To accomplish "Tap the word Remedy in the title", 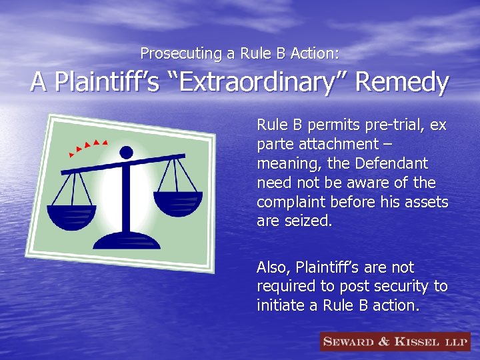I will tap(402, 83).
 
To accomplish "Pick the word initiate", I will tap(281, 306).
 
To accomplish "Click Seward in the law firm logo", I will tap(349, 342).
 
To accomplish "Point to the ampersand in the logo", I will tap(384, 342).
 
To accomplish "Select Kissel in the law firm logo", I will tap(417, 342).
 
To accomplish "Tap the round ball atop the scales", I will tap(126, 153).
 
